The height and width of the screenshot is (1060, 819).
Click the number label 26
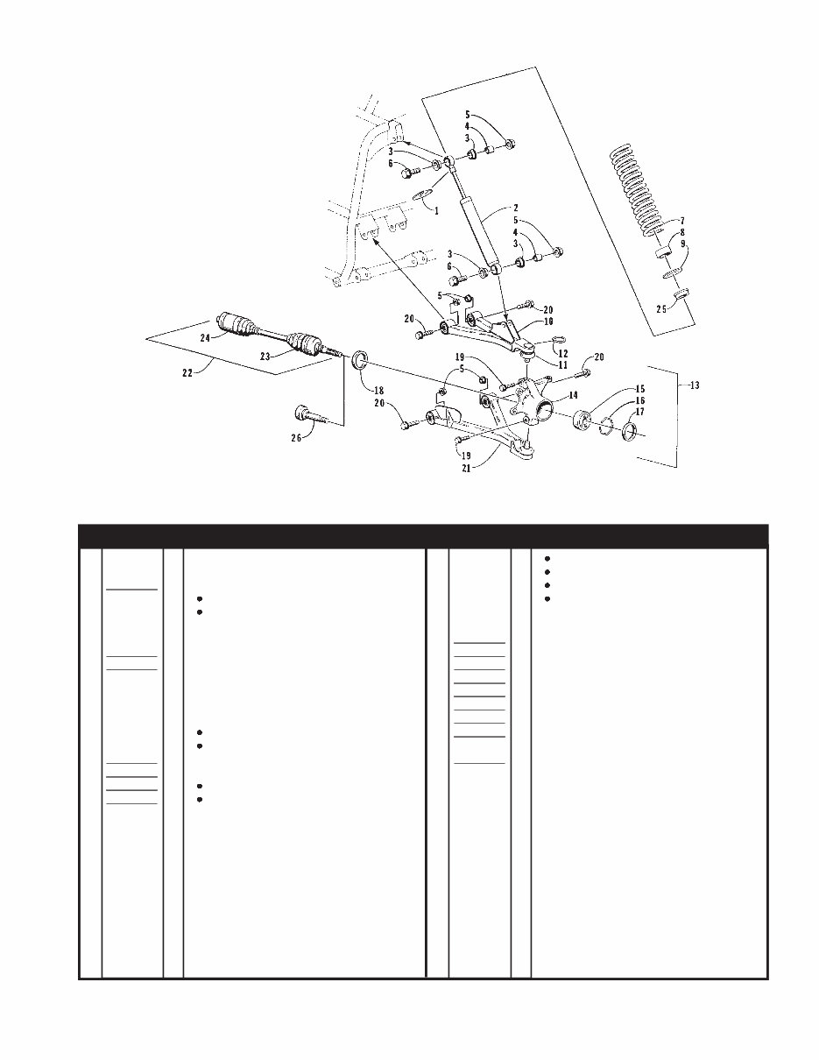click(296, 438)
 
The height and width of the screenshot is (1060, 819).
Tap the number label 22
click(187, 373)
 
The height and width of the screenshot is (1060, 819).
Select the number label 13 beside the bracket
click(695, 385)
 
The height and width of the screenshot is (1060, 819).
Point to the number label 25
click(661, 309)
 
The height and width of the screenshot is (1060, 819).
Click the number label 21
click(466, 470)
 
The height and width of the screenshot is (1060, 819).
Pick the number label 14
click(573, 395)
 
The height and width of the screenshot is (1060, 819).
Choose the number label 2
click(516, 208)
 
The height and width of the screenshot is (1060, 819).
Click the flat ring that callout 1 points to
click(422, 195)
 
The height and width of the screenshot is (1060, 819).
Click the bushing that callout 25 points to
click(682, 293)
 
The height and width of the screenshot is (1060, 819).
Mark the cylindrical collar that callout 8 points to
click(664, 251)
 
